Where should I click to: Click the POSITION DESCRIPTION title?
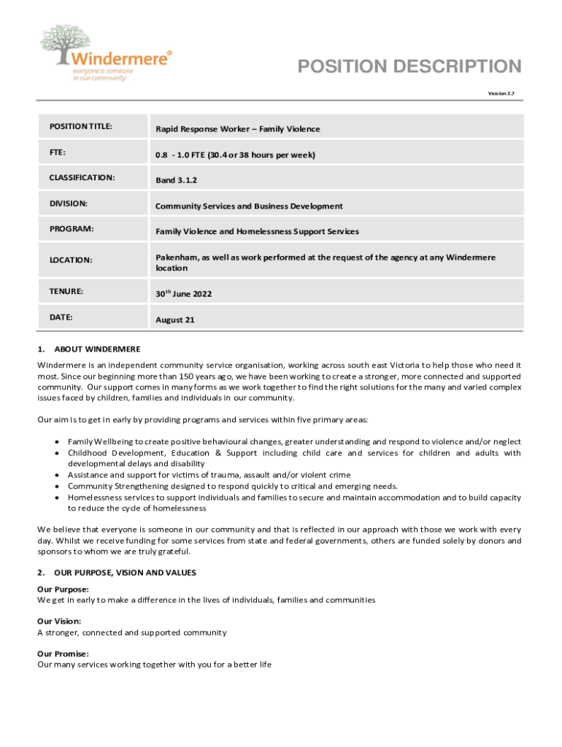click(x=409, y=67)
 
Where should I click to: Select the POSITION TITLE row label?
click(x=80, y=127)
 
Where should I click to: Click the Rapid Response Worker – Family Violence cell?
click(x=237, y=129)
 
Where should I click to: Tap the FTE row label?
click(x=58, y=152)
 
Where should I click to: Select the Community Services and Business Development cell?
click(x=249, y=206)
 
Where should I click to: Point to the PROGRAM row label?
click(x=72, y=229)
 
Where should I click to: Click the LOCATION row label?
click(x=71, y=260)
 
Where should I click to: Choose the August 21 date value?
click(x=175, y=320)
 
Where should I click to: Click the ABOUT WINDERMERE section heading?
click(x=97, y=349)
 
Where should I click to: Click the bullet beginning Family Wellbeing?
click(x=294, y=442)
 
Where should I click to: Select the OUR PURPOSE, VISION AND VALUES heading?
click(x=125, y=573)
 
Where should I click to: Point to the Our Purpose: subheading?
click(x=63, y=589)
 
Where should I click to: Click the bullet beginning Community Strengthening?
click(x=233, y=486)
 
